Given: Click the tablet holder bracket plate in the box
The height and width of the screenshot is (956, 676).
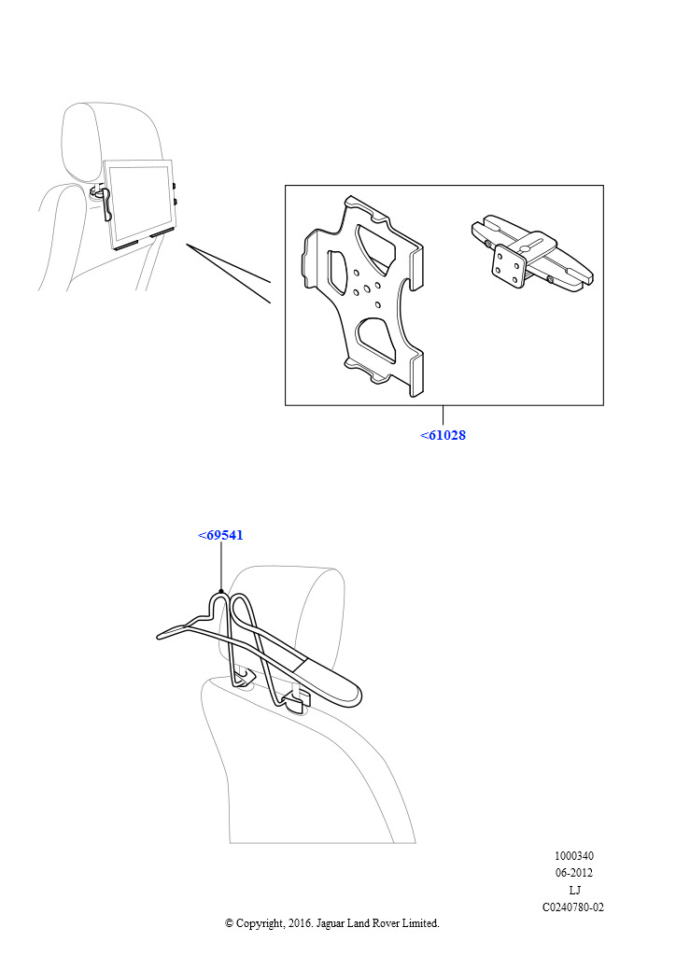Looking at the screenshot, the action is click(363, 296).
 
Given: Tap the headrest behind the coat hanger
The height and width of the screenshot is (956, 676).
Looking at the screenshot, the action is click(292, 622).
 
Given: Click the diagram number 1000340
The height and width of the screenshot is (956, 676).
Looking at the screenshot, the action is click(573, 856).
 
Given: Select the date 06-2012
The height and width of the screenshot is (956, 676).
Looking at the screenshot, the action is click(573, 873).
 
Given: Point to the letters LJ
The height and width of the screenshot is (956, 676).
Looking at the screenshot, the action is click(574, 890).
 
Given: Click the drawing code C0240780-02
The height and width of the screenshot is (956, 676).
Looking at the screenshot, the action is click(573, 907).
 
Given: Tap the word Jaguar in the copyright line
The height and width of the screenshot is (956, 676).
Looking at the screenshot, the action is click(330, 924).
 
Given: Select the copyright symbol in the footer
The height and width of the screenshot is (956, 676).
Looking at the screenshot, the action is click(229, 923).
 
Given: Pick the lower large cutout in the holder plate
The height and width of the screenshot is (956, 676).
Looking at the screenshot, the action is click(376, 339).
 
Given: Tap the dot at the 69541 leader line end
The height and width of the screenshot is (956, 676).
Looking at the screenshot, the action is click(220, 591).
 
